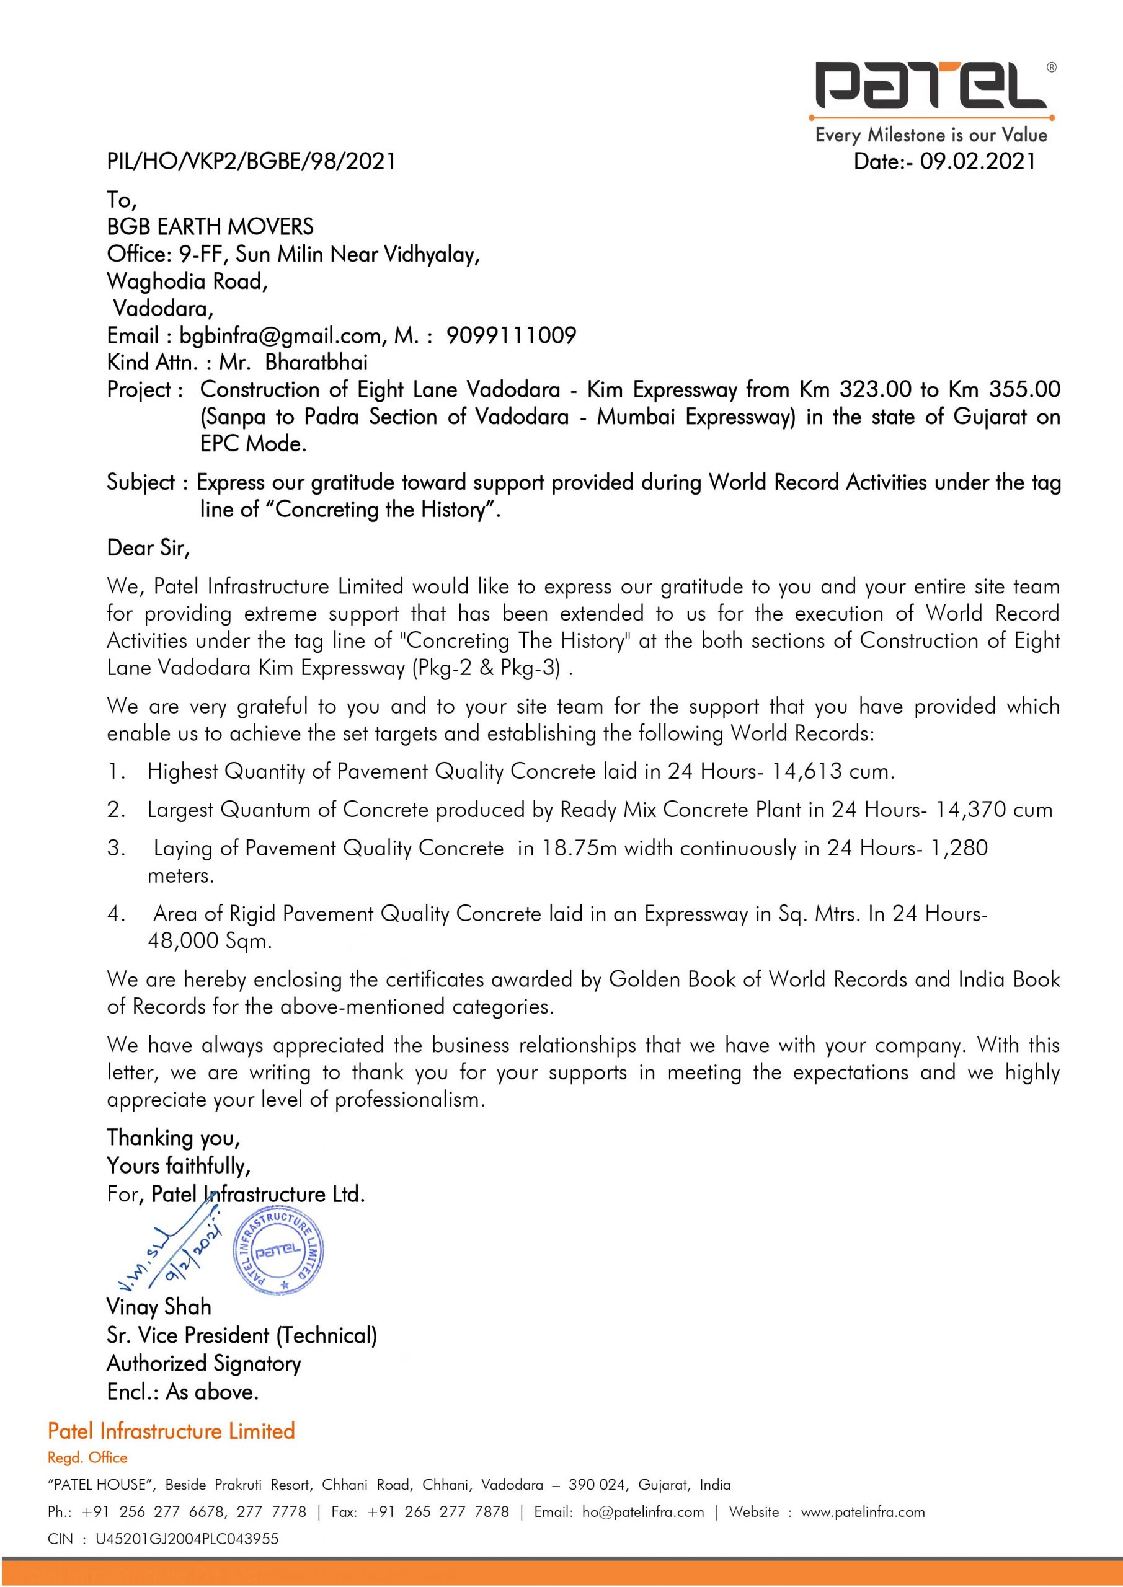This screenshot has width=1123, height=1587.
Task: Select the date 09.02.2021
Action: (978, 161)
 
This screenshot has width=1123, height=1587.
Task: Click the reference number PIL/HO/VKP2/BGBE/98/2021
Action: (251, 161)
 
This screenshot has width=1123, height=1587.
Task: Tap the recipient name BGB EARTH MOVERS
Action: (210, 227)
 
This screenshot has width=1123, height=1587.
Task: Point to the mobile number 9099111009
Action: (511, 336)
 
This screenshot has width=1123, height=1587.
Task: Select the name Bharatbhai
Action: (316, 363)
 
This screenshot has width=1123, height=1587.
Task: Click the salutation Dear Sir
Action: (148, 548)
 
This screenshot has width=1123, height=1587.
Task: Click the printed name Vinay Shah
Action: (158, 1307)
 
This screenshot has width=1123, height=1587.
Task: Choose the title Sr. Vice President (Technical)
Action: (241, 1335)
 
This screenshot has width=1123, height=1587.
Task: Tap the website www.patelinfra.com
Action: (863, 1513)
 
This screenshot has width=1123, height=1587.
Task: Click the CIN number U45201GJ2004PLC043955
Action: (187, 1539)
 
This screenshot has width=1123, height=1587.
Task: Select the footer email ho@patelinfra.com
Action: (642, 1513)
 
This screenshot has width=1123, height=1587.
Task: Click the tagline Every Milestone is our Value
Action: (931, 135)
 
